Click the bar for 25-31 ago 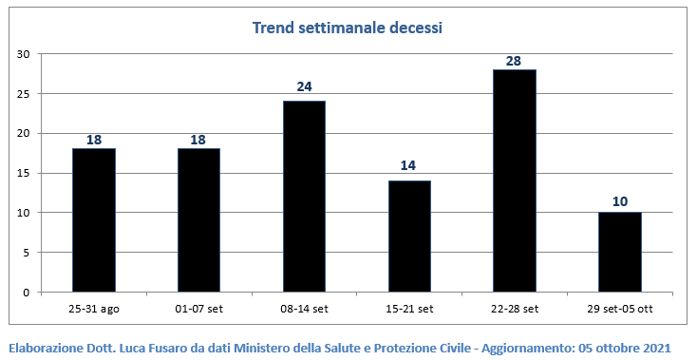click(94, 220)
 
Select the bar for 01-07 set click(198, 220)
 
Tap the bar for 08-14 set click(305, 197)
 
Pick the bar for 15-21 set click(409, 236)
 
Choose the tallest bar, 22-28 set click(515, 180)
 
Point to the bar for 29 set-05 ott click(620, 252)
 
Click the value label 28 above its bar click(514, 61)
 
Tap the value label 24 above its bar click(304, 86)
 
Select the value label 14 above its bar click(408, 166)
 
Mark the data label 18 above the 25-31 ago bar click(94, 140)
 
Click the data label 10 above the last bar click(620, 201)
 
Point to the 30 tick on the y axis click(23, 54)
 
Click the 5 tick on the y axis click(26, 253)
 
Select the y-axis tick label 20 click(23, 133)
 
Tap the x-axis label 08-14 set click(304, 309)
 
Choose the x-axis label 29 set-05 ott click(620, 309)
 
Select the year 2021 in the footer click(656, 348)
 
